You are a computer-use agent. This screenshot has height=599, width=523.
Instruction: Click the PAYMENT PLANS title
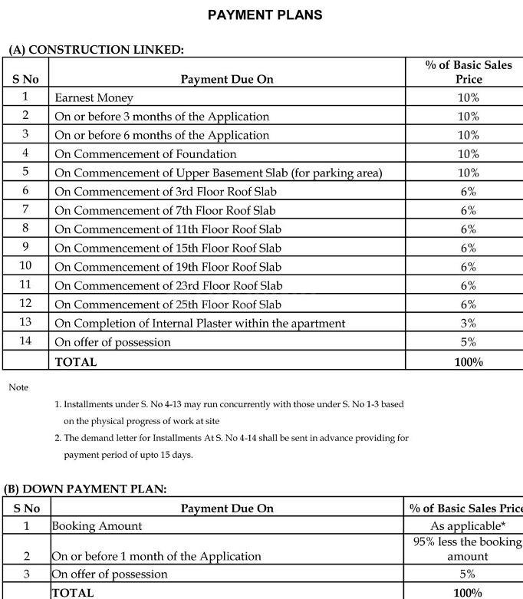tap(265, 15)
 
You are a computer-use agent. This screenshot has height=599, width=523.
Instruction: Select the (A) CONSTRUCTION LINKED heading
tap(96, 50)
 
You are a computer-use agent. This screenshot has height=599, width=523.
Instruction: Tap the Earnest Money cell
tap(94, 98)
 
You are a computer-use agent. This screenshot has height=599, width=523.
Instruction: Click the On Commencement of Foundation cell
tap(134, 154)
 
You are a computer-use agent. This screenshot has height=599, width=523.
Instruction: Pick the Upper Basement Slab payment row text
tap(218, 173)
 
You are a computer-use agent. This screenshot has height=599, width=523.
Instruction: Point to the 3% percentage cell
tap(468, 324)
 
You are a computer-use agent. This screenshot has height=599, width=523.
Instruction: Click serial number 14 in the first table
tap(25, 341)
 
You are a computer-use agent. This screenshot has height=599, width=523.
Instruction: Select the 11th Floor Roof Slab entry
tap(167, 229)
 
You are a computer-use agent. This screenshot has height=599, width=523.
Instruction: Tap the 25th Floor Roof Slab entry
tap(168, 304)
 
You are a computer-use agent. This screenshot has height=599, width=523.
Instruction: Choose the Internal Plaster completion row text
tap(199, 324)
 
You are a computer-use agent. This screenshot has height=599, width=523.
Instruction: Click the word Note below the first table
tap(18, 387)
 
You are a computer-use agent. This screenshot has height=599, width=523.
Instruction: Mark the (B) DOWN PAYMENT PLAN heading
tap(85, 489)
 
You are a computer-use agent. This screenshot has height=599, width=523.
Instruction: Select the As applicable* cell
tap(468, 526)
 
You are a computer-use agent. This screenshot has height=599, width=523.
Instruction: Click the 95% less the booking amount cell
tap(468, 549)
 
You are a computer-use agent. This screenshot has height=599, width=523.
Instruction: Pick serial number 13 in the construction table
tap(25, 323)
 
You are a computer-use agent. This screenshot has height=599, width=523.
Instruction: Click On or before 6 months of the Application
tap(162, 135)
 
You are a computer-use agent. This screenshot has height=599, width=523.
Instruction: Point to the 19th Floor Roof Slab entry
tap(167, 267)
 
